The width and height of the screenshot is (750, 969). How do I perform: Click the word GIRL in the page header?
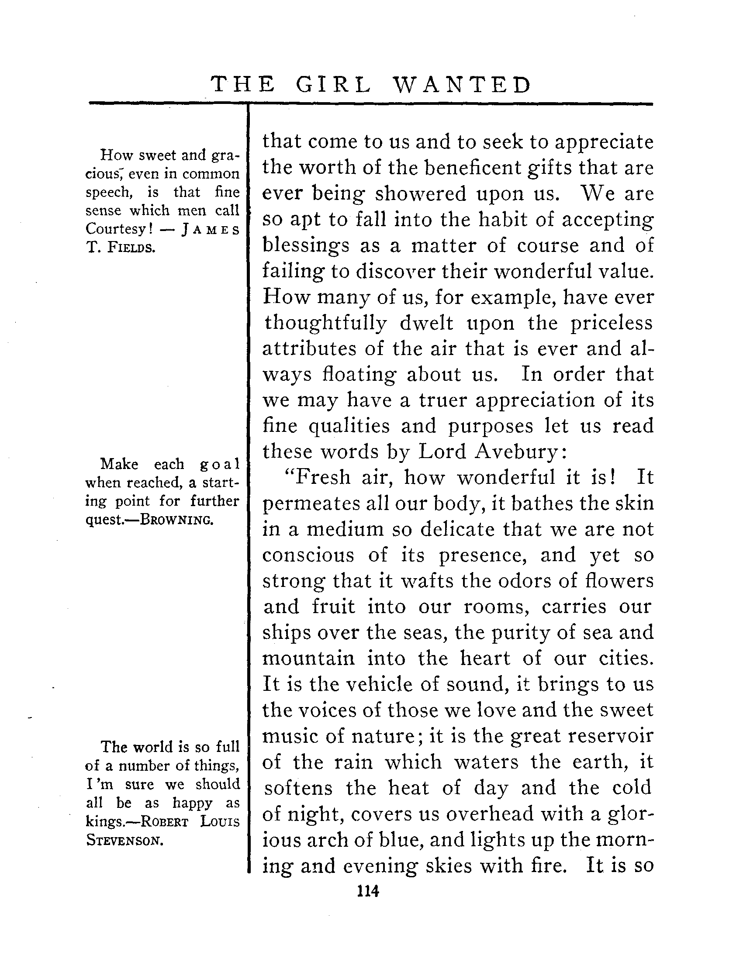coord(333,85)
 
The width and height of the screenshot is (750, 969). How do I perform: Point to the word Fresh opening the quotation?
coord(321,477)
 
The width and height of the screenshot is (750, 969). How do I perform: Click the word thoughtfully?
coord(326,323)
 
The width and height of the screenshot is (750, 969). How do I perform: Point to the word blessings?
coord(306,246)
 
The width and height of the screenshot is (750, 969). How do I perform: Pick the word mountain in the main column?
coord(309,658)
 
